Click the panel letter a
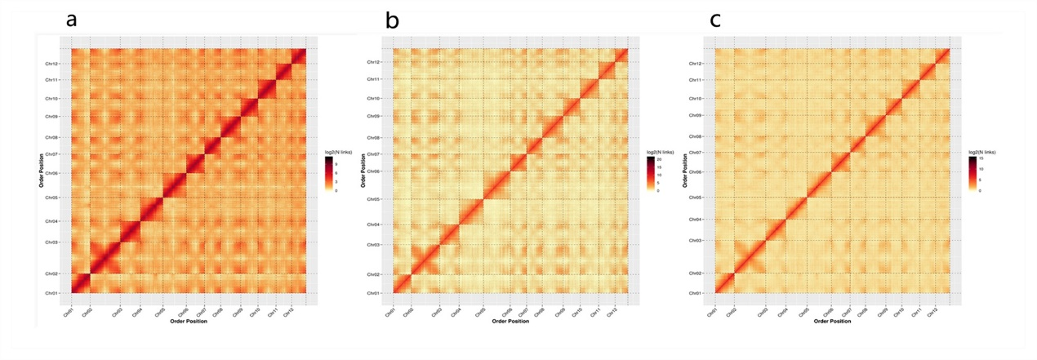[72, 20]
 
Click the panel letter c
[715, 20]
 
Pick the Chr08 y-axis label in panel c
[695, 136]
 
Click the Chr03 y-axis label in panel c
[695, 240]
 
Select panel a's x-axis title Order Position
[189, 322]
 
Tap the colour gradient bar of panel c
[972, 173]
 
